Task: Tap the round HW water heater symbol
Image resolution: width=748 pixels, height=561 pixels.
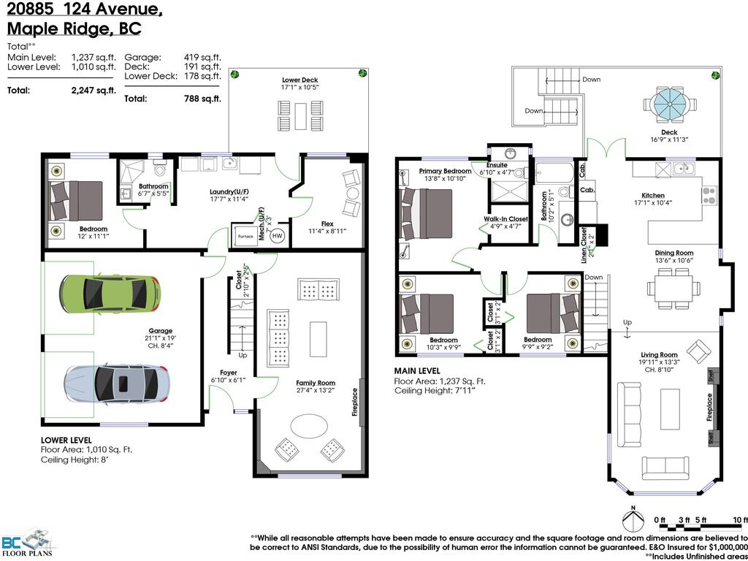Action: coord(278,236)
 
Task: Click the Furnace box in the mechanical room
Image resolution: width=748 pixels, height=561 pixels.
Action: coord(245,237)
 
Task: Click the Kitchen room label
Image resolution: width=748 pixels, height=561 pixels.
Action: coord(653,196)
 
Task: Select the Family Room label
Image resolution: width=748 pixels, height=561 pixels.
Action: coord(316,383)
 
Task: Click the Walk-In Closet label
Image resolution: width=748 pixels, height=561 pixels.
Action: coord(505,218)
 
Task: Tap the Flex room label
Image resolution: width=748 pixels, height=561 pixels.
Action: coord(327,224)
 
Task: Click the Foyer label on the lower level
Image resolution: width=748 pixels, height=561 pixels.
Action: coord(229,373)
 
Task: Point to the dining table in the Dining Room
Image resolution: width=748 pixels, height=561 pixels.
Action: coord(673,288)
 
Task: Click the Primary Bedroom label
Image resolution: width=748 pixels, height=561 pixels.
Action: coord(445,171)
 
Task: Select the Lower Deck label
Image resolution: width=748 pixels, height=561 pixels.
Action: coord(299,80)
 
